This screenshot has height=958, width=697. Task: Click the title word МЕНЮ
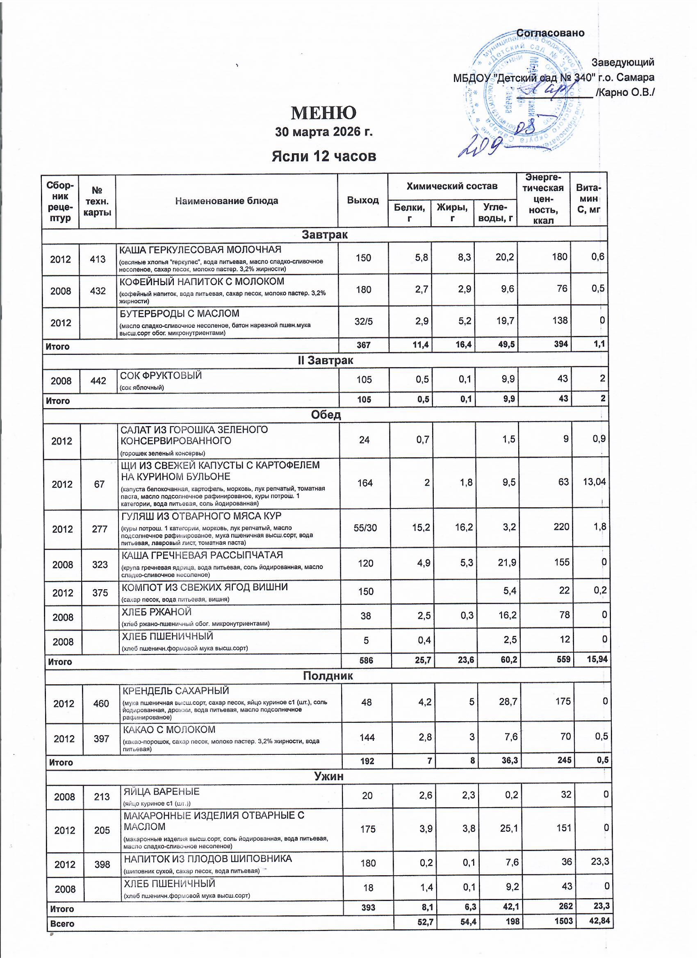323,112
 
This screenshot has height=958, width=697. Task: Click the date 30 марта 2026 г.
324,132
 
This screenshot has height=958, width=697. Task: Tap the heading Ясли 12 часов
324,156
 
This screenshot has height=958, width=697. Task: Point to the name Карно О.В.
625,92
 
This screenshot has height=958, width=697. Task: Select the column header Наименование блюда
227,201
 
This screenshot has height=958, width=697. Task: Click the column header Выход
363,200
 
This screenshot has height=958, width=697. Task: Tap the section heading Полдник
328,676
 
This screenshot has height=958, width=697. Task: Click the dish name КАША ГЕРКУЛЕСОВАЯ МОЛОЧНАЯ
200,250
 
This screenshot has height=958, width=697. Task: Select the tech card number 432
98,291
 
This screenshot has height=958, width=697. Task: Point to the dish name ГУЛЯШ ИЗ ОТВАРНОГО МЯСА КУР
201,516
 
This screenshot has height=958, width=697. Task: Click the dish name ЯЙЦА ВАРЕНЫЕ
161,792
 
